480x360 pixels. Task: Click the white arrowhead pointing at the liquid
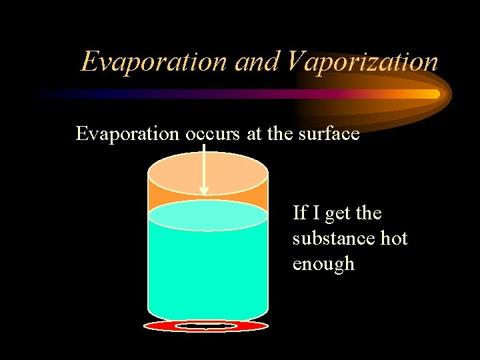point(204,191)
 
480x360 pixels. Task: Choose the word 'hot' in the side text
point(394,239)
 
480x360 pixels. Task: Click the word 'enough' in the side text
point(323,264)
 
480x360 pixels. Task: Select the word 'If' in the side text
point(299,213)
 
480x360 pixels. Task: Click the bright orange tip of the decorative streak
point(433,94)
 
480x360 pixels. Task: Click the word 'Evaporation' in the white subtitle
point(127,134)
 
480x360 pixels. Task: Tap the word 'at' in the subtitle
point(254,135)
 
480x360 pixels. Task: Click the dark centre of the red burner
point(207,326)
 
